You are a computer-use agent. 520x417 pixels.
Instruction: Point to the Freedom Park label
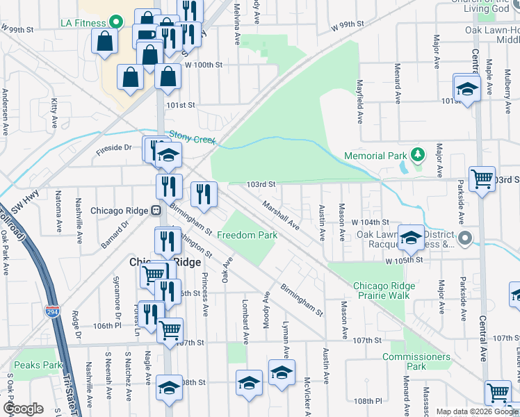tap(247, 235)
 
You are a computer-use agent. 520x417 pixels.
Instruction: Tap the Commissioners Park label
tap(416, 361)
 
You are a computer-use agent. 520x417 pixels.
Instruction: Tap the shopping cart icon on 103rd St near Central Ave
tap(482, 179)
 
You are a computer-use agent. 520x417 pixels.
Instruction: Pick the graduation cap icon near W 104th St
tap(411, 237)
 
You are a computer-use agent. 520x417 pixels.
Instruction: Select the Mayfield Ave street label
tap(360, 103)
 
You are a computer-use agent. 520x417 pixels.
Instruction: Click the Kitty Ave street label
tap(54, 114)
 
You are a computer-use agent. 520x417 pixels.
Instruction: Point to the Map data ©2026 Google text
tap(477, 411)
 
